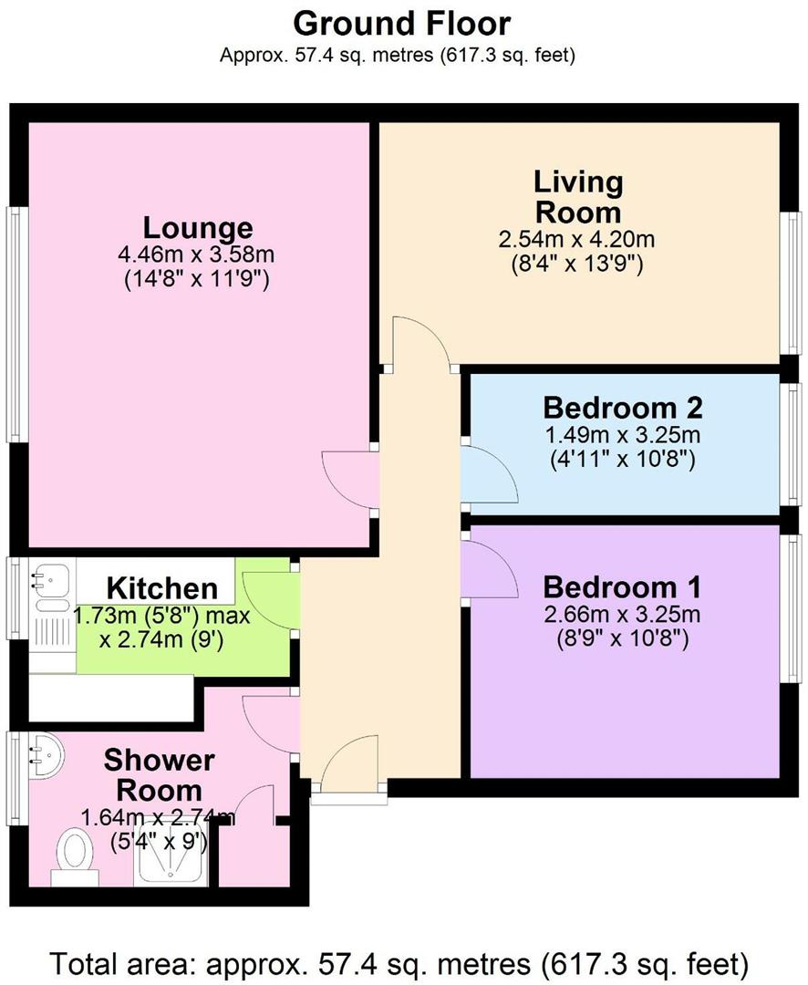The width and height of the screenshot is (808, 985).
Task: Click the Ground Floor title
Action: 402,22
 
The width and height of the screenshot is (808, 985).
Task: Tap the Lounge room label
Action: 197,227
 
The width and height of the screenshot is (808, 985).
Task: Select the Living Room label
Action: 578,197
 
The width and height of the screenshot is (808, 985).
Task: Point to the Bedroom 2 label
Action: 623,407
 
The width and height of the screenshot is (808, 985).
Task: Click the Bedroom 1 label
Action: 622,585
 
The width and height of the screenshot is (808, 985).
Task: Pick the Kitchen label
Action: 162,588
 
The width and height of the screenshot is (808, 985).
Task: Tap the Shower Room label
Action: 159,773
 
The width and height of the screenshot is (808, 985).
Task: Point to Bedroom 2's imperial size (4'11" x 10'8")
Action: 623,460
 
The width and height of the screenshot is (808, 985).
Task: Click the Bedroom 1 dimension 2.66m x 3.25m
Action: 622,613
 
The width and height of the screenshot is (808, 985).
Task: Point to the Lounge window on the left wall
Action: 15,324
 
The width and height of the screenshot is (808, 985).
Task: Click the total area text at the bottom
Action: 402,962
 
